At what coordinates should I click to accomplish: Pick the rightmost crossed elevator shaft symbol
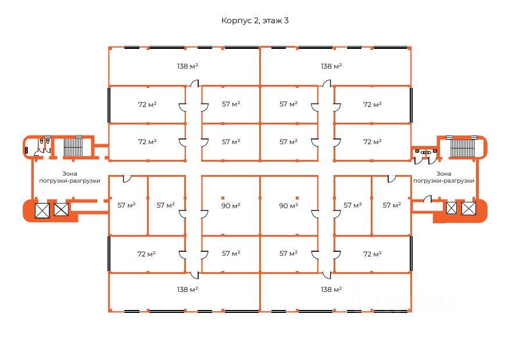468,208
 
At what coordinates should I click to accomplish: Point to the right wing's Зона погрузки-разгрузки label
443,177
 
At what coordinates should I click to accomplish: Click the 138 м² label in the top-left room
188,66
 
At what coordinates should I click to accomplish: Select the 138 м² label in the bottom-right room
331,289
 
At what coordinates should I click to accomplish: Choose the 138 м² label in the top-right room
331,66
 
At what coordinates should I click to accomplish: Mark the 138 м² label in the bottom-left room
188,289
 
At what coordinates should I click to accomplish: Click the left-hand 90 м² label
231,205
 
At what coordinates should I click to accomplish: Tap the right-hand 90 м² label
288,205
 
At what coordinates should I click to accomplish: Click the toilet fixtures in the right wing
427,152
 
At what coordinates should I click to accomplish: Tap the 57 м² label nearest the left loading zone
126,205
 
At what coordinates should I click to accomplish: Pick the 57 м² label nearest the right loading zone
392,205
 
